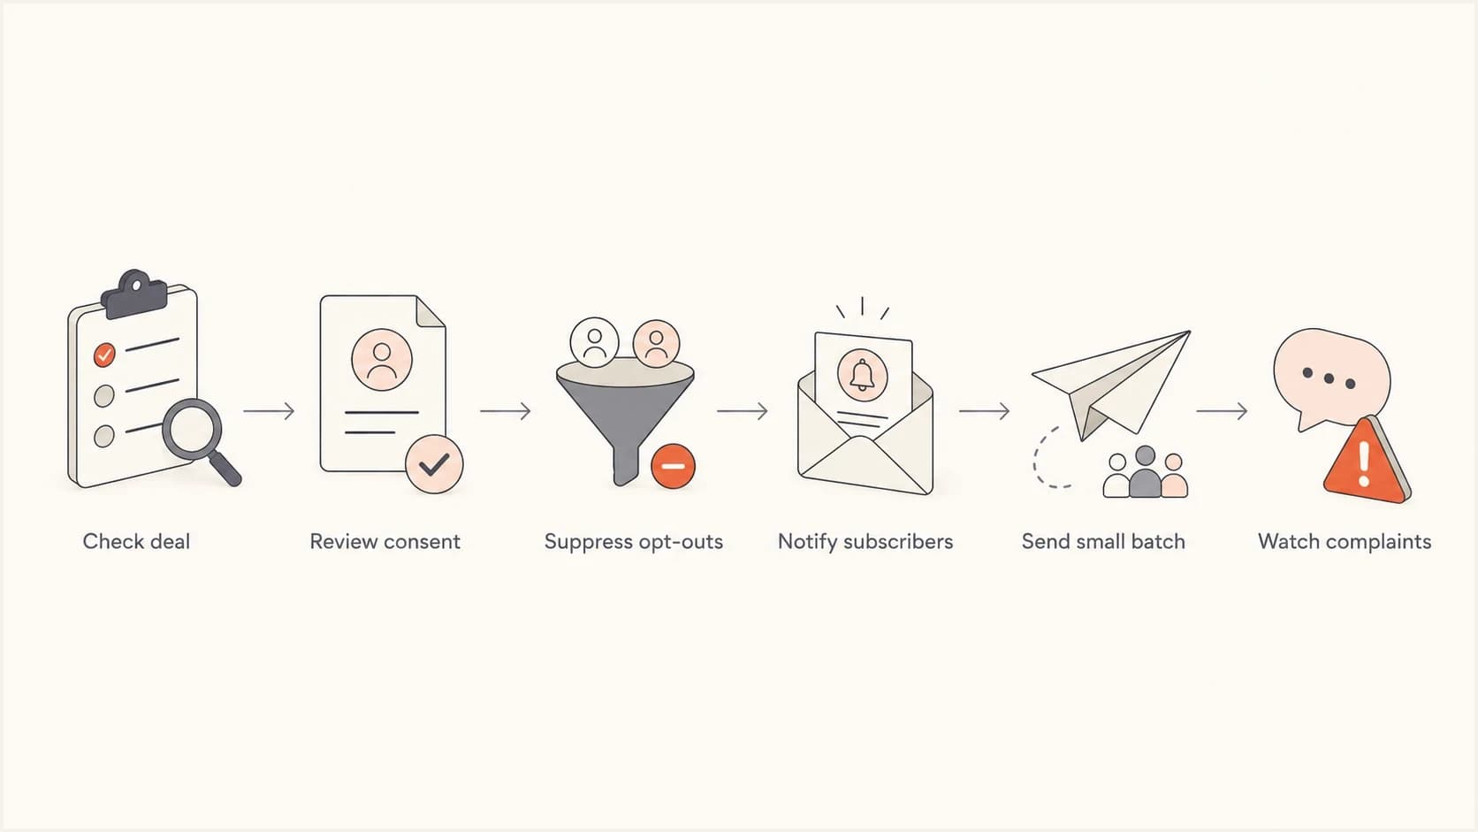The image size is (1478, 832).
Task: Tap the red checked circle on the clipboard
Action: click(x=104, y=355)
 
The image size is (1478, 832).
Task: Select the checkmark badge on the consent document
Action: click(x=434, y=464)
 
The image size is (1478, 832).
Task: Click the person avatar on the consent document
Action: click(x=382, y=360)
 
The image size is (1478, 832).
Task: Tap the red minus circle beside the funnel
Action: click(x=673, y=466)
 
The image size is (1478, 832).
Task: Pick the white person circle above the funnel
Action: click(x=595, y=342)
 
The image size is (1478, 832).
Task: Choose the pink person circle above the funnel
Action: click(x=656, y=343)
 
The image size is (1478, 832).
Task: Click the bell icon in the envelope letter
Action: click(x=863, y=375)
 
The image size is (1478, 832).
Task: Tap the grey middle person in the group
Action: click(x=1146, y=472)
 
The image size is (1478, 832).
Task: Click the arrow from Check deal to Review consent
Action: click(x=270, y=411)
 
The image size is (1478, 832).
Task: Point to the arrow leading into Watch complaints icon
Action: click(x=1222, y=411)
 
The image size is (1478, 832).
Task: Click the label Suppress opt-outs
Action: click(x=634, y=542)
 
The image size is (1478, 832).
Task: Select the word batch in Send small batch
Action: click(x=1158, y=542)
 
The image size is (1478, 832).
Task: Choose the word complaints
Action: click(x=1375, y=542)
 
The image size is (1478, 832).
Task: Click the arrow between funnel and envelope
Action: click(x=743, y=411)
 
